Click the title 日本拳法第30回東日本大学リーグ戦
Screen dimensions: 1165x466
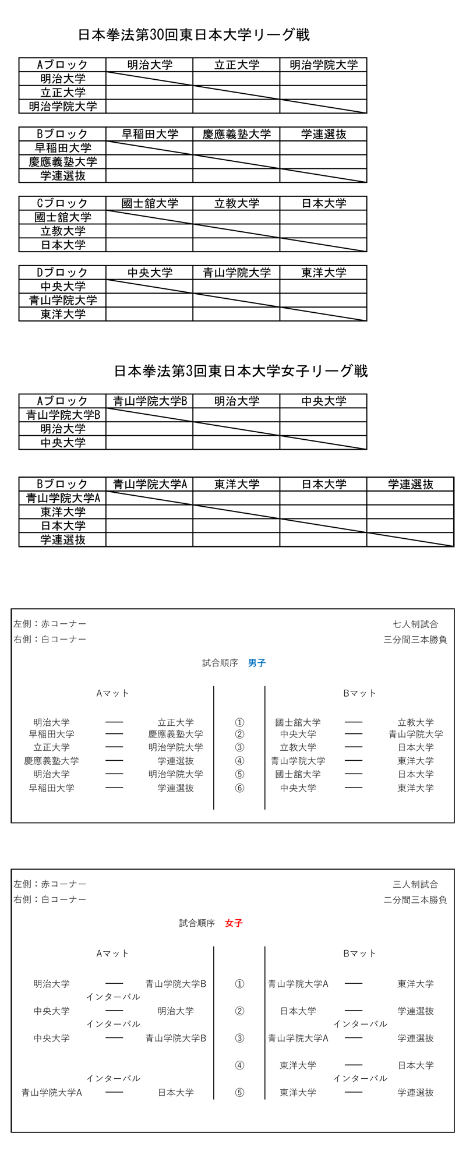(x=194, y=35)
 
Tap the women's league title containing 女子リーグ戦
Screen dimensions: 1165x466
(x=241, y=371)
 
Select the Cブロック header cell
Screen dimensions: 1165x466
(x=62, y=203)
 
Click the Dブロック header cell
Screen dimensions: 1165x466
(x=62, y=273)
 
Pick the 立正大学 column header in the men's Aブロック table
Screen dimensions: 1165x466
(x=236, y=65)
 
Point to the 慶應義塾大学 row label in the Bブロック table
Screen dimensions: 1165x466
(x=62, y=162)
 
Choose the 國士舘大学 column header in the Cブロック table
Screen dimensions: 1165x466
(x=150, y=203)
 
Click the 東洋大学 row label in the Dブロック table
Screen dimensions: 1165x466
(x=62, y=314)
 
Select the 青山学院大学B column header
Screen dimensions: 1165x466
(x=150, y=401)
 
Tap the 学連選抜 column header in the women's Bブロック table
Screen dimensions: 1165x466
(x=410, y=484)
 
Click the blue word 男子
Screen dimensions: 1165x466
(x=257, y=663)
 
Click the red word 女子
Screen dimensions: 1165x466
(x=234, y=923)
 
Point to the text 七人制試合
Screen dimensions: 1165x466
(x=415, y=624)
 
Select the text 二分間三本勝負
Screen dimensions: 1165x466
(x=415, y=899)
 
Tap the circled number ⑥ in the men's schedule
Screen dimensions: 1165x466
(x=239, y=788)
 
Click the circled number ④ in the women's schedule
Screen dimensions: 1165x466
(x=239, y=1065)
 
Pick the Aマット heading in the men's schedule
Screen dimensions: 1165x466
(x=112, y=693)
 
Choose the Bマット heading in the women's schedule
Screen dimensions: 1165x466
(x=359, y=953)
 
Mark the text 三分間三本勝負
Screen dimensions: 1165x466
(x=415, y=640)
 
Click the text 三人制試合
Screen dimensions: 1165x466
(x=415, y=884)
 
